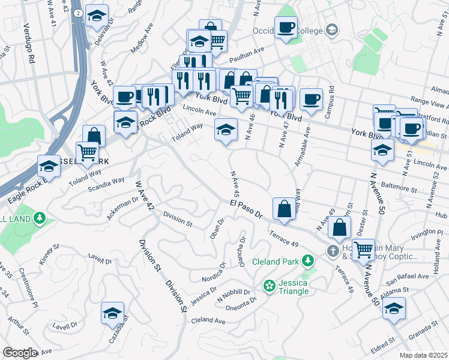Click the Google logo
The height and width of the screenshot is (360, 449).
point(20,353)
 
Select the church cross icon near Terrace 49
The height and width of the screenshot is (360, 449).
point(333,250)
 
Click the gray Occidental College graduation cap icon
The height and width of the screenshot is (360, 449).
point(331,30)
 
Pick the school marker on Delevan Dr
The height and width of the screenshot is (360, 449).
point(97,17)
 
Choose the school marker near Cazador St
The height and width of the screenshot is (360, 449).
point(112,313)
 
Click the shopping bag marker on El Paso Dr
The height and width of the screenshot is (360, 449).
point(284,209)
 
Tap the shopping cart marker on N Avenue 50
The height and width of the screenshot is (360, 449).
point(364,249)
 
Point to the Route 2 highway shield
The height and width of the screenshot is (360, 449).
point(79,12)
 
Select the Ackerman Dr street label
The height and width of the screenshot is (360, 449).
point(123,206)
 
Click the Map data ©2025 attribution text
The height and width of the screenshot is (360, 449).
point(423,355)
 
